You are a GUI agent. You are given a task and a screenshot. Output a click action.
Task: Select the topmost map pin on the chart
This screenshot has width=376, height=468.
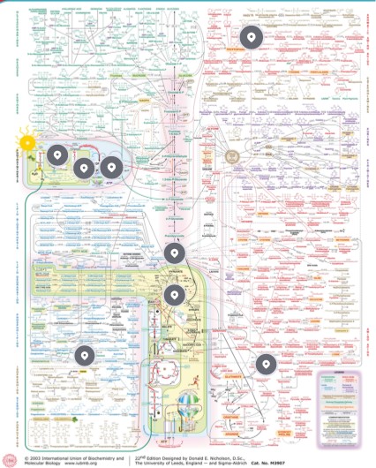252,37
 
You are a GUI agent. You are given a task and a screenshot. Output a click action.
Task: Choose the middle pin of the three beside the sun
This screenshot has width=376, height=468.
82,167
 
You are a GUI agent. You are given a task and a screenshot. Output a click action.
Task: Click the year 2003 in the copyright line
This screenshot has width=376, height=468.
38,457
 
